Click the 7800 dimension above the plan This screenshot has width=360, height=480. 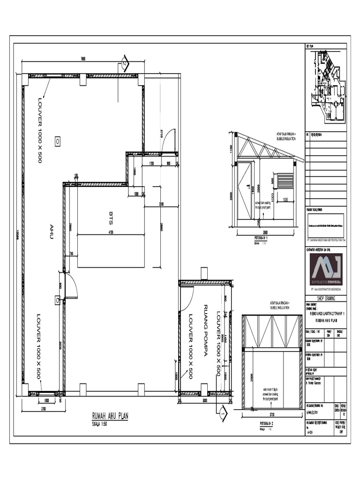(83, 59)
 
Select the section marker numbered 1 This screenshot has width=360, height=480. (222, 412)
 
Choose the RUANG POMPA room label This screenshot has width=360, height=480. (205, 330)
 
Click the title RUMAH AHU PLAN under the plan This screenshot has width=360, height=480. (110, 415)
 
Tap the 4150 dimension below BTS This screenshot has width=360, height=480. (111, 232)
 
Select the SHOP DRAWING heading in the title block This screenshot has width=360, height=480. (326, 299)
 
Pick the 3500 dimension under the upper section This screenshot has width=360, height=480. (265, 232)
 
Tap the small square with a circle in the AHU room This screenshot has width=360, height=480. (57, 140)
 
